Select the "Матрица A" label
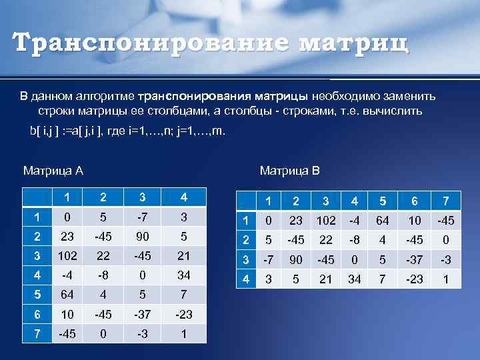coord(53,171)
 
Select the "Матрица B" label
coord(290,171)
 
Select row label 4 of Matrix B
coord(246,279)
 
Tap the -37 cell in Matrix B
coord(415,260)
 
